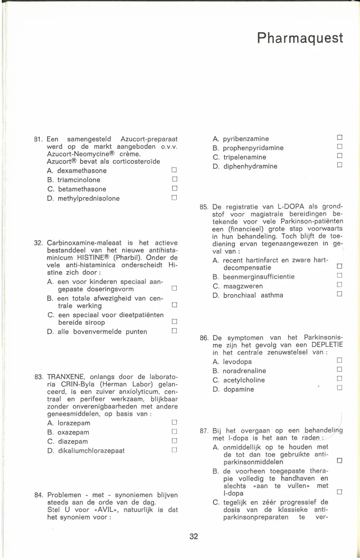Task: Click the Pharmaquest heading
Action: click(300, 38)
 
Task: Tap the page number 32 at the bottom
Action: click(194, 537)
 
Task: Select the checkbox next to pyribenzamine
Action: click(339, 139)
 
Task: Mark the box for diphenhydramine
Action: click(339, 166)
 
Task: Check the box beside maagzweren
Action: click(339, 286)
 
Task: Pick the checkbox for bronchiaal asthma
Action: click(339, 295)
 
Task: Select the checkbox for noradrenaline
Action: click(339, 371)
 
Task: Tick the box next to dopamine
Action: click(339, 389)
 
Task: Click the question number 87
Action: click(204, 431)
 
